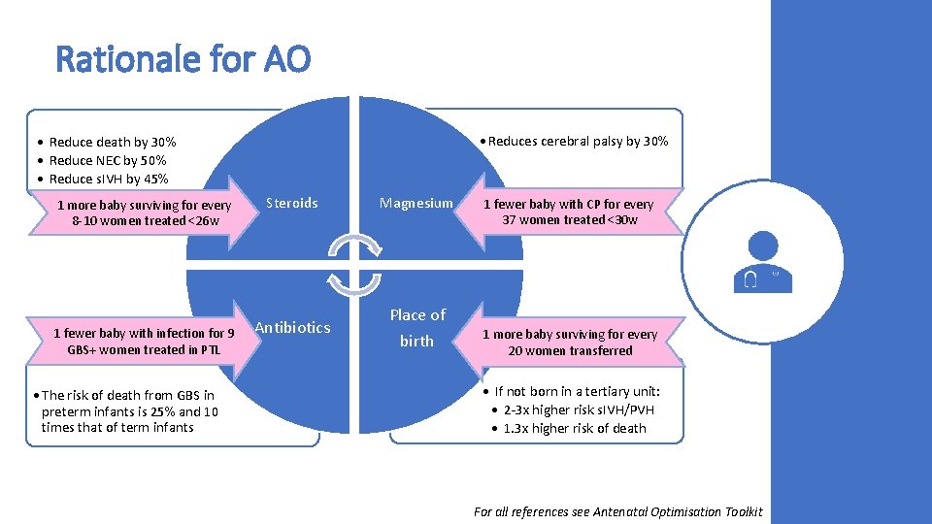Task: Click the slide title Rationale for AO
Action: click(183, 60)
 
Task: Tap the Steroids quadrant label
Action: click(291, 203)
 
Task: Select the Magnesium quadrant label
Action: click(416, 203)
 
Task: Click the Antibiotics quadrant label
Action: click(292, 327)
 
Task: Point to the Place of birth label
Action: click(417, 327)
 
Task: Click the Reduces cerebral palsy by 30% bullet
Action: click(578, 142)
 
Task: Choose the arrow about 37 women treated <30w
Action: click(568, 212)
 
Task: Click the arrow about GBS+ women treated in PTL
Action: click(144, 342)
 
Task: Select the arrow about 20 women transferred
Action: click(570, 343)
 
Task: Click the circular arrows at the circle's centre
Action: click(354, 262)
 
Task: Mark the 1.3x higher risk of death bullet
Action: click(574, 428)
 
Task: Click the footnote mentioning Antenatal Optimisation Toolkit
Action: click(617, 511)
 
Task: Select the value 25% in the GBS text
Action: click(163, 411)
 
